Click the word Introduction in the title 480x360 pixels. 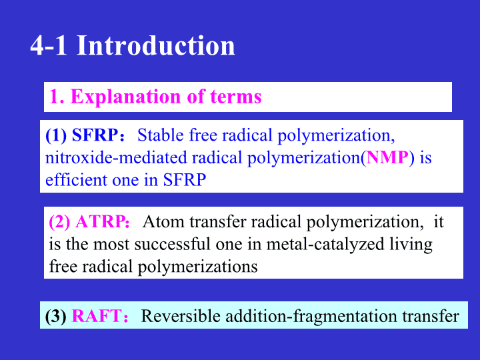pos(156,45)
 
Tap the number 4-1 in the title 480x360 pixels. pos(49,45)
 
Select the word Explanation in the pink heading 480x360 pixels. pos(126,97)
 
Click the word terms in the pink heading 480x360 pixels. pos(236,97)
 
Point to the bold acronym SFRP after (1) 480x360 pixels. pos(95,135)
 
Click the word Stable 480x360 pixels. pos(161,135)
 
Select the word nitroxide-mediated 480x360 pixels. pos(116,157)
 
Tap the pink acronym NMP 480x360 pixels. pos(387,157)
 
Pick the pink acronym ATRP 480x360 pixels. pos(101,221)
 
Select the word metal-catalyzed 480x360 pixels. pos(325,244)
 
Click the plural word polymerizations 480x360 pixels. pos(197,267)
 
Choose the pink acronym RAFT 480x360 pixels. pos(97,316)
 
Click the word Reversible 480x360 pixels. pos(181,316)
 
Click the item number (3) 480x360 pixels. pos(56,316)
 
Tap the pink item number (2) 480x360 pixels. pos(60,222)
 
